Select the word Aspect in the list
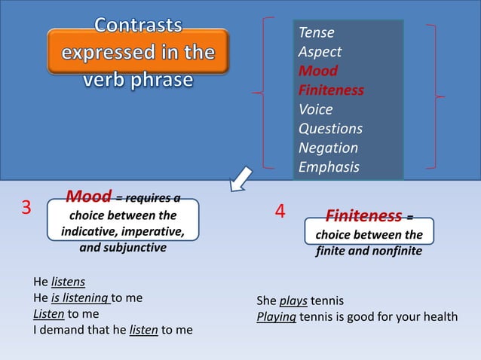tap(320, 52)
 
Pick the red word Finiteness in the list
tap(331, 90)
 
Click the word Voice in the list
tap(315, 110)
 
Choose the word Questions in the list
tap(330, 129)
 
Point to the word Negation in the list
tap(328, 148)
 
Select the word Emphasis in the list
tap(329, 167)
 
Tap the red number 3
tap(26, 208)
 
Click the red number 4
tap(280, 212)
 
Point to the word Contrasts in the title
tap(138, 25)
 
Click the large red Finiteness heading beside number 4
tap(363, 217)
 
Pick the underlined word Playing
tap(277, 316)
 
